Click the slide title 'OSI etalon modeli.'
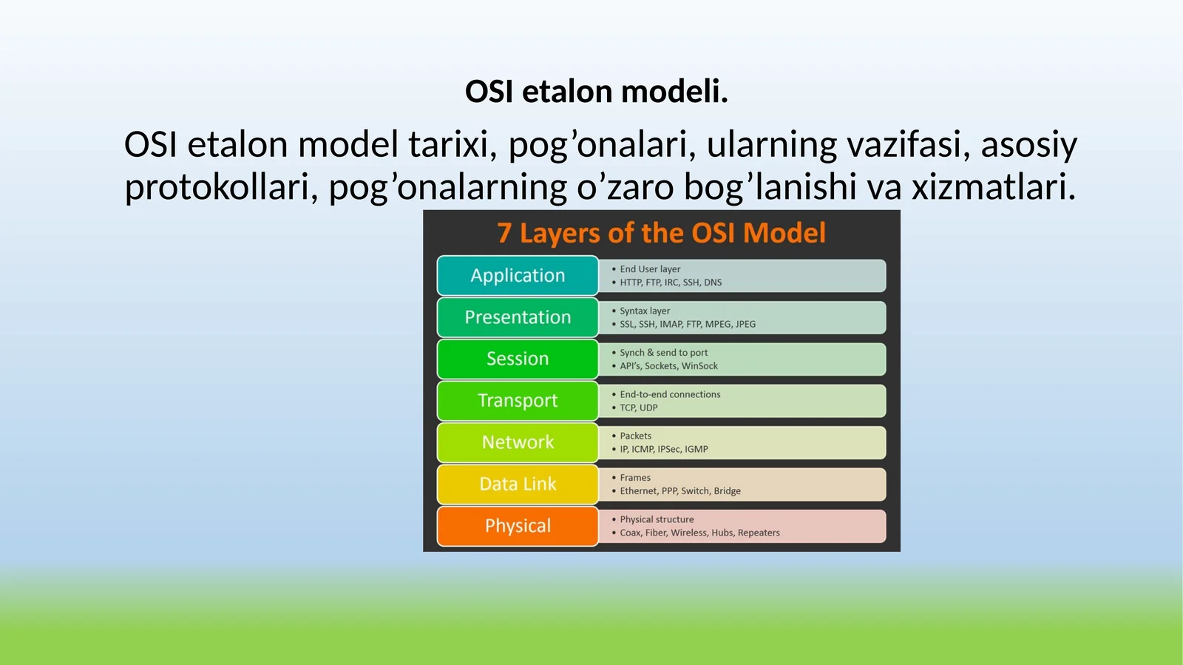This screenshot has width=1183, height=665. pos(596,92)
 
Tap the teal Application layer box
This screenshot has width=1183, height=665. pos(518,275)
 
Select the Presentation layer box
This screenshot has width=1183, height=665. pos(518,317)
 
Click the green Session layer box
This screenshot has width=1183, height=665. pos(518,359)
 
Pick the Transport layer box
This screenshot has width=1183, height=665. pos(518,400)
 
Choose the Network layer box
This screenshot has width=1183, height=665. pos(518,442)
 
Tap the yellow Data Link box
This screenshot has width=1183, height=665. pos(518,484)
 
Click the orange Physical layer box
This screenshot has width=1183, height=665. pos(518,526)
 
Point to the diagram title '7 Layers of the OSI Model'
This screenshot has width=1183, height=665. pos(661,233)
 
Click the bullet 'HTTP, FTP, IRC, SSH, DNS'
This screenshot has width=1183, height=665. pos(670,283)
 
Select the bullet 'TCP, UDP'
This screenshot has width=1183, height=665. pos(638,408)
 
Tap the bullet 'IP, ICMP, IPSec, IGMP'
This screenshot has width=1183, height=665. pos(663,449)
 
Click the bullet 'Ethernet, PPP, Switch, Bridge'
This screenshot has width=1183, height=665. pos(679,491)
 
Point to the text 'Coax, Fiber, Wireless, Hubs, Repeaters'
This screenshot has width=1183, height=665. pos(699,533)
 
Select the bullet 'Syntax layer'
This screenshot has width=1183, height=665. pos(645,311)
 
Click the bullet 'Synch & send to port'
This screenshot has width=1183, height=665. pos(663,353)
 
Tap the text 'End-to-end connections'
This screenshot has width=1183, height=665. pos(670,394)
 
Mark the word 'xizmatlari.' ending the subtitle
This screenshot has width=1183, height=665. pos(993,187)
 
